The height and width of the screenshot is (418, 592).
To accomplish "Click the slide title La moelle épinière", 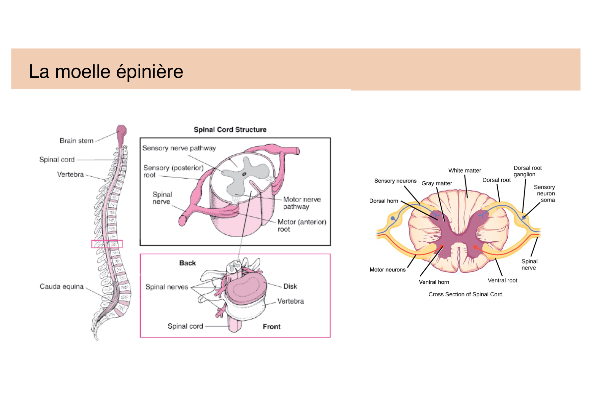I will [x=106, y=71].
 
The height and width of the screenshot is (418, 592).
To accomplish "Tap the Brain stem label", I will [x=76, y=141].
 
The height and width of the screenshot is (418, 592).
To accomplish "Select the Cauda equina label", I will [x=61, y=287].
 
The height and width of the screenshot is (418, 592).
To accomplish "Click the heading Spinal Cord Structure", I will [x=230, y=130].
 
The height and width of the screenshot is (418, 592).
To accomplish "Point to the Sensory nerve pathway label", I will [x=179, y=148].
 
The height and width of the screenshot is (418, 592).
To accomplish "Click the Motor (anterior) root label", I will [x=302, y=226].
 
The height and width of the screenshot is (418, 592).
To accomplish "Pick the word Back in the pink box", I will [x=187, y=263].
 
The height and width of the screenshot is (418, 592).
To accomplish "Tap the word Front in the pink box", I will [x=272, y=327].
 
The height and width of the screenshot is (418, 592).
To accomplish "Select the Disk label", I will [x=290, y=287].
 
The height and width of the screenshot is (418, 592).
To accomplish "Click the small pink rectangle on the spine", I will [x=107, y=244].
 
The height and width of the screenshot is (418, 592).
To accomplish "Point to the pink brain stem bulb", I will [x=121, y=133].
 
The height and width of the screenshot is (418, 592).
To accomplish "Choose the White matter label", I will [x=464, y=171].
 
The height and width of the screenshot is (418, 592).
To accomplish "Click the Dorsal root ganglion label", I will [x=527, y=171].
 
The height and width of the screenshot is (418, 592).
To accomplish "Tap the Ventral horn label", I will [x=434, y=282].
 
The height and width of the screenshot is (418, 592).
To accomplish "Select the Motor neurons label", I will [x=388, y=270].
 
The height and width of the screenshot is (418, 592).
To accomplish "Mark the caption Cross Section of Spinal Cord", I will [x=465, y=294].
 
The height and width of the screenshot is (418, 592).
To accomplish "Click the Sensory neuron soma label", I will [x=545, y=193].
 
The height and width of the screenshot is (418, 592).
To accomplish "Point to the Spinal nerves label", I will [x=167, y=287].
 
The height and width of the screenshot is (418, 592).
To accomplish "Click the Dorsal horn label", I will [x=384, y=201].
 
